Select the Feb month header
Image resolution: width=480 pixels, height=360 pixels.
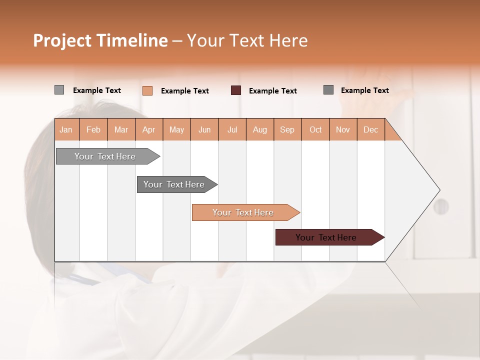click(x=93, y=129)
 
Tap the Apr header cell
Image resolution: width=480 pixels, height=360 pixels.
click(x=149, y=129)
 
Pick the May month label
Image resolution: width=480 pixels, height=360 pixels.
click(x=176, y=129)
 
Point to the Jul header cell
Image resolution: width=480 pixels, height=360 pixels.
click(x=232, y=129)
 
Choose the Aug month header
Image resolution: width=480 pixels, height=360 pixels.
click(x=260, y=129)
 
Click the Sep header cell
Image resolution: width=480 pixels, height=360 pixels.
click(x=287, y=129)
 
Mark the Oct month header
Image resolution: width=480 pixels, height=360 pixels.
click(x=315, y=129)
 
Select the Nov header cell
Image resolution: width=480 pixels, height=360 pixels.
click(x=343, y=129)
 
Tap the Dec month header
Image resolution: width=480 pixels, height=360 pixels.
click(x=371, y=129)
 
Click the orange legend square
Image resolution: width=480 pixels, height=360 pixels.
click(x=147, y=90)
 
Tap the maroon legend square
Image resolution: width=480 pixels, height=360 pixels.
click(x=236, y=90)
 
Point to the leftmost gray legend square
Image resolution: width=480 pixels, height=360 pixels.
click(x=59, y=90)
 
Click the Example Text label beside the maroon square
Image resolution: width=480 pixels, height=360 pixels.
click(x=273, y=91)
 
